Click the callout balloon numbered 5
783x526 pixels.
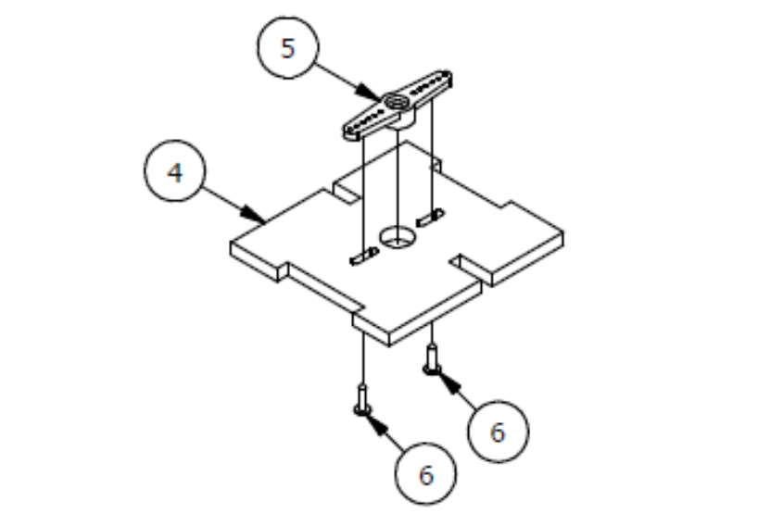(x=288, y=48)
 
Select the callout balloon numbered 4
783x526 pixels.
(x=175, y=170)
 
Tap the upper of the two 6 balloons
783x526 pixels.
(x=498, y=432)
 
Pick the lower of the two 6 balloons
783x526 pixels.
(x=425, y=473)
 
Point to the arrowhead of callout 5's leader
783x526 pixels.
(x=369, y=93)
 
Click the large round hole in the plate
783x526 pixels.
(x=398, y=236)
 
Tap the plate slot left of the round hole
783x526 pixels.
(x=364, y=257)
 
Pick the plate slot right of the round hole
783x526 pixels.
(x=429, y=218)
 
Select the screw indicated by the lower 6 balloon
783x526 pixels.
(x=363, y=400)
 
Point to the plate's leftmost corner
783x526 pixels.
(x=231, y=243)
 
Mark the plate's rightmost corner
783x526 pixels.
(x=563, y=232)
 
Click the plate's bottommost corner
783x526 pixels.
(x=389, y=345)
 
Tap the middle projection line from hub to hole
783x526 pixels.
(x=398, y=184)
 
